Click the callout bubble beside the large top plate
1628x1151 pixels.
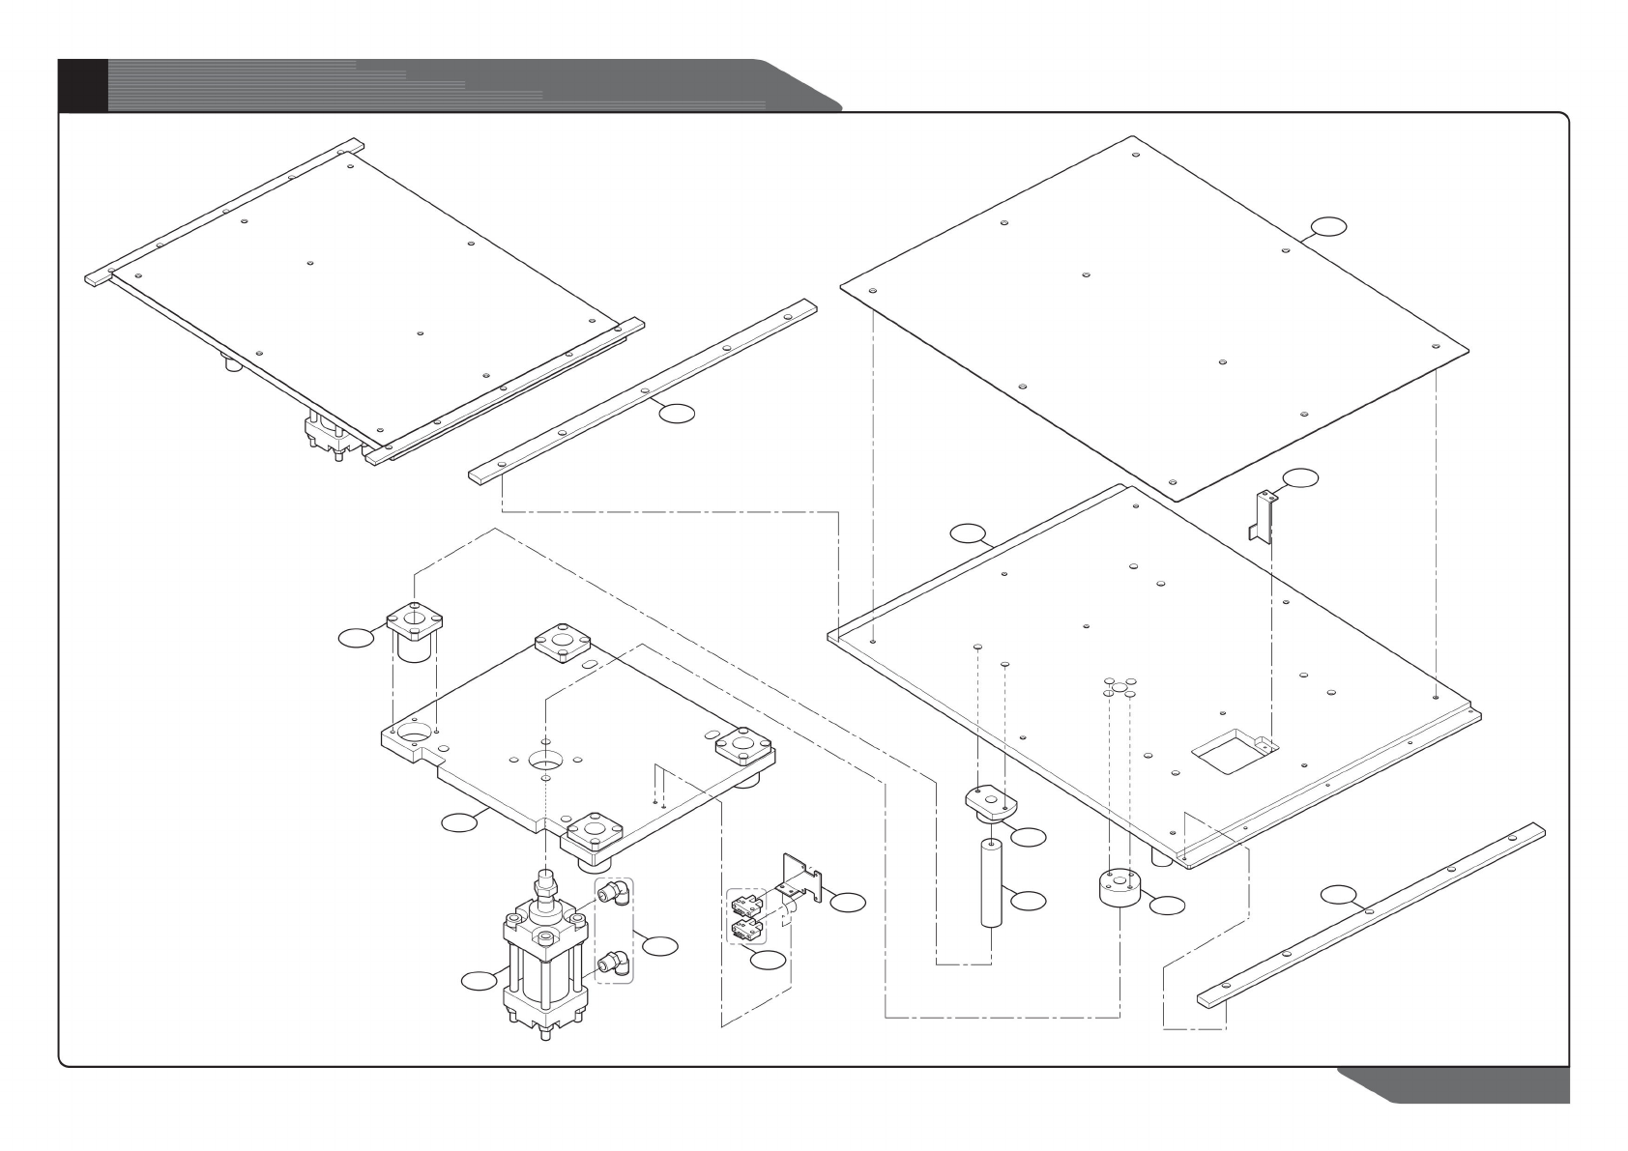click(x=1328, y=227)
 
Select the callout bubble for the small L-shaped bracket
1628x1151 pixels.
click(x=1299, y=477)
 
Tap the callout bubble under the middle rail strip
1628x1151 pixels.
click(x=676, y=414)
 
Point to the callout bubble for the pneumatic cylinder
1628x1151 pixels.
click(x=478, y=981)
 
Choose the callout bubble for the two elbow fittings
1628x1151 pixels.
click(x=660, y=946)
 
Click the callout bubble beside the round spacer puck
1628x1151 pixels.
click(x=1167, y=906)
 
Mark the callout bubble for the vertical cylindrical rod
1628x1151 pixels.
click(x=1029, y=901)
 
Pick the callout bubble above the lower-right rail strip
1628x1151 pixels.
click(x=1339, y=894)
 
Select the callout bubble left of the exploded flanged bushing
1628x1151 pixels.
click(x=357, y=637)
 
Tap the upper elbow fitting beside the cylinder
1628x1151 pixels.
click(x=614, y=892)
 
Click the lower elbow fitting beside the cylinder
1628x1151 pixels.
click(x=614, y=962)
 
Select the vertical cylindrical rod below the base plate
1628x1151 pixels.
click(x=991, y=884)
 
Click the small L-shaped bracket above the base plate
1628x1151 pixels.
click(x=1263, y=514)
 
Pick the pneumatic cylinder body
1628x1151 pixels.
click(x=542, y=966)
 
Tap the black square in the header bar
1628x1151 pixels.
click(x=82, y=84)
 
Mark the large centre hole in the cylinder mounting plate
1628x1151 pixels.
click(x=546, y=758)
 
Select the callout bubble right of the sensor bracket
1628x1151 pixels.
click(x=849, y=902)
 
